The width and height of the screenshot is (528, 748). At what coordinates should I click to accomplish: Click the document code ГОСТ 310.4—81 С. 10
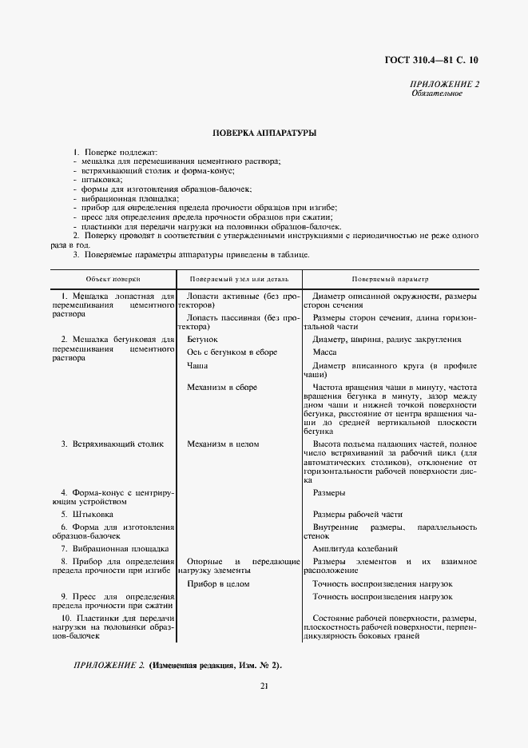point(432,60)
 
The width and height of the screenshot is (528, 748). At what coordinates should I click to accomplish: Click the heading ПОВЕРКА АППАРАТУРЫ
point(264,133)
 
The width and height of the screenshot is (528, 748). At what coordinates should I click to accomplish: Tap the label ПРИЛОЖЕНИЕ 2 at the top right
point(444,85)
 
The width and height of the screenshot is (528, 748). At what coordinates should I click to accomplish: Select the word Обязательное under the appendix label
point(437,93)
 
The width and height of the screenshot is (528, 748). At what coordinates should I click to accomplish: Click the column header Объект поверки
point(113,279)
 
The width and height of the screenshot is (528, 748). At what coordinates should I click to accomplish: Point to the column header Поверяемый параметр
point(390,279)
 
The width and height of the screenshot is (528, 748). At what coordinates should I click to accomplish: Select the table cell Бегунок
point(202,340)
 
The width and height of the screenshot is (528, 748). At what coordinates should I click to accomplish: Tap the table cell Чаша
point(197,364)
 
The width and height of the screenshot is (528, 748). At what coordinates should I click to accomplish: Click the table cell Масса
point(324,352)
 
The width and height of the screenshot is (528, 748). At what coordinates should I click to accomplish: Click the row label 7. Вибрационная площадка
point(114,549)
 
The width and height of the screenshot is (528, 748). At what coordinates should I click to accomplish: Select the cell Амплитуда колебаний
point(354,549)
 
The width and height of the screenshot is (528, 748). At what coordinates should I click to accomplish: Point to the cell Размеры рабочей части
point(357,514)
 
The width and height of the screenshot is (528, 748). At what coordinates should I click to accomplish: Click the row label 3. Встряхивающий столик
point(111,443)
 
